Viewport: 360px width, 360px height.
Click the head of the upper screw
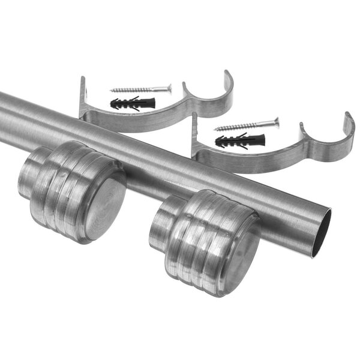pyautogui.click(x=169, y=88)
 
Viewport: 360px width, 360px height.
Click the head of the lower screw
pyautogui.click(x=276, y=122)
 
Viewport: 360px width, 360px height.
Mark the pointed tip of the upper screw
pyautogui.click(x=112, y=91)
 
